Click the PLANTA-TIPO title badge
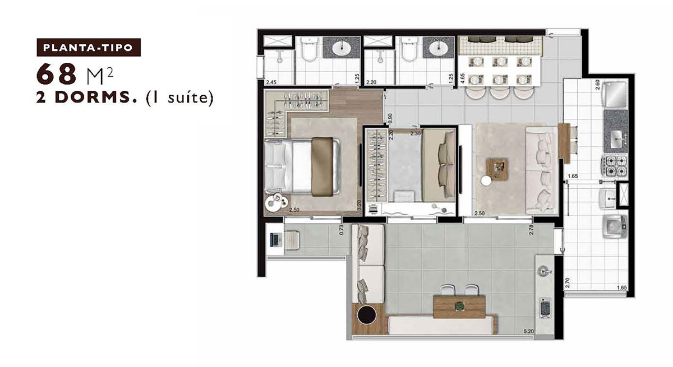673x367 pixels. pos(89,48)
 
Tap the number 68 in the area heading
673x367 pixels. pos(56,74)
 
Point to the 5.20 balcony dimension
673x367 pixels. pos(528,332)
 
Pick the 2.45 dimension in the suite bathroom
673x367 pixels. pos(271,82)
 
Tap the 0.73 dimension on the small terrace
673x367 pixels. pos(341,230)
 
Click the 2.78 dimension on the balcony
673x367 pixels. pos(531,230)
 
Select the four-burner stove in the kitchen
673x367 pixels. pos(615,166)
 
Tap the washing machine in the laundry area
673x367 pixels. pos(615,226)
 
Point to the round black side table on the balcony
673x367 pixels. pos(367,314)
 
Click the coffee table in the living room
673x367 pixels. pos(497,170)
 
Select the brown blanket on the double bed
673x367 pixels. pos(322,167)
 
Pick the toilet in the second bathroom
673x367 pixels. pos(409,49)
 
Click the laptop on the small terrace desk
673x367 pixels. pos(274,239)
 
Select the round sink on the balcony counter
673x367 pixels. pos(545,272)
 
